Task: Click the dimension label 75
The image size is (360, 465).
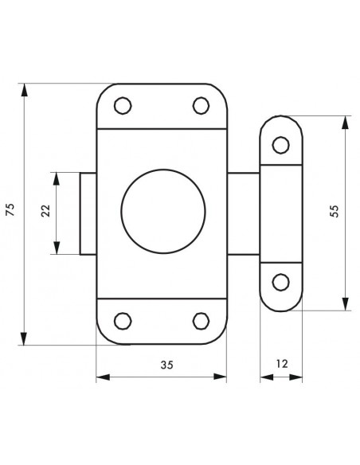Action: [10, 209]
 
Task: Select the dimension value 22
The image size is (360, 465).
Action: [46, 211]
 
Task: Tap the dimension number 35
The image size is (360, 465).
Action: [166, 365]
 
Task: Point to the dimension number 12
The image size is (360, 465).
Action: [282, 364]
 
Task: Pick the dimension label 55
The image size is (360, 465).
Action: [335, 211]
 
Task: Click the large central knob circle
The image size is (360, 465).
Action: [163, 211]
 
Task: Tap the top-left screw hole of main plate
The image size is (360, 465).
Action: [123, 105]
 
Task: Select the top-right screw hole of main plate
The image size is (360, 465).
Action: [201, 105]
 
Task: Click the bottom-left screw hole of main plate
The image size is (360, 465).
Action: [123, 321]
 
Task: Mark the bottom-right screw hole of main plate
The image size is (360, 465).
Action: [201, 321]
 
